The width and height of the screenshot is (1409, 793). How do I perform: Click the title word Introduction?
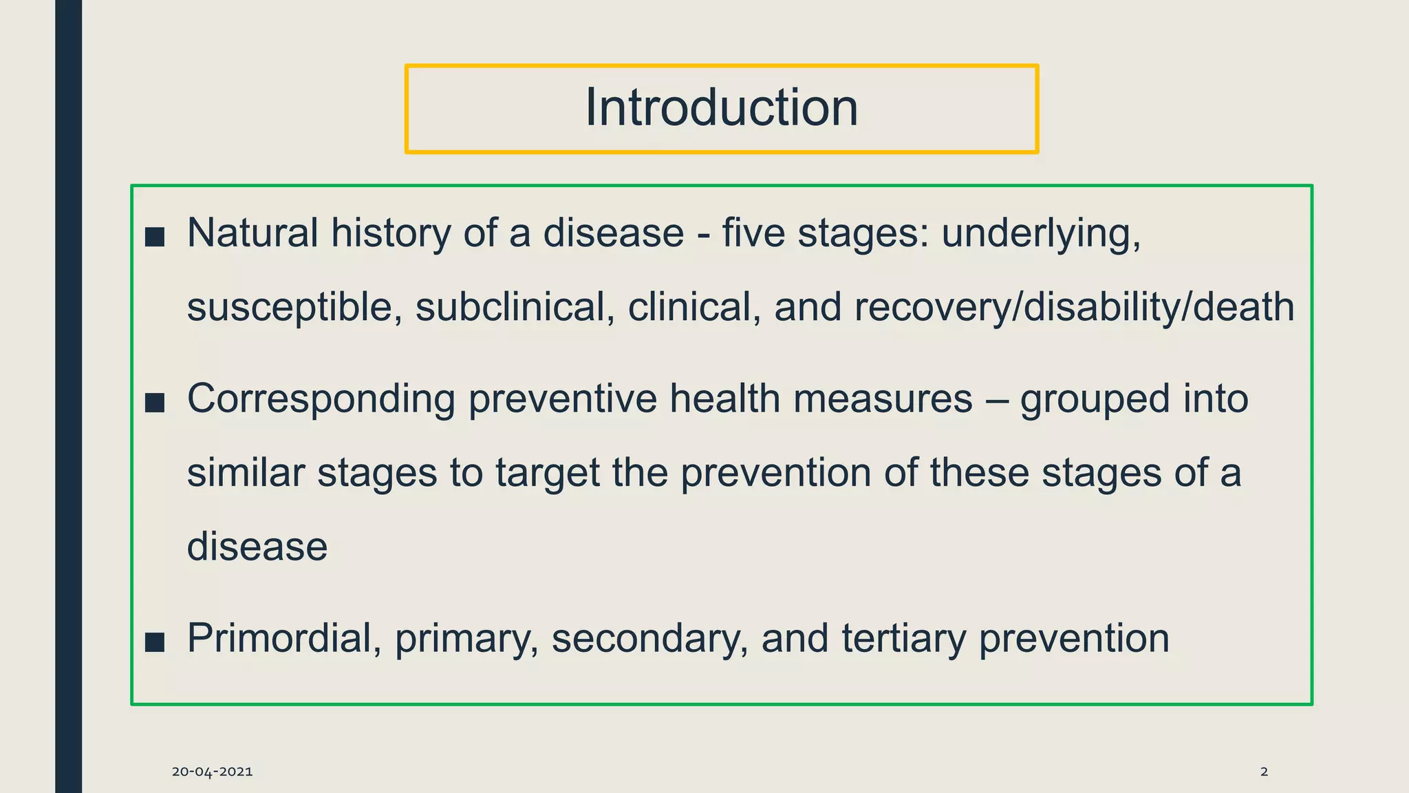click(x=721, y=108)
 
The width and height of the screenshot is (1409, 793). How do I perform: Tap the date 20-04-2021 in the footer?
click(x=212, y=772)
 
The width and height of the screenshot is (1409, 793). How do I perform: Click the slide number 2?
click(x=1264, y=772)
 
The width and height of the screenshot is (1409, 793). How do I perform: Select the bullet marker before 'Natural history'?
click(x=155, y=237)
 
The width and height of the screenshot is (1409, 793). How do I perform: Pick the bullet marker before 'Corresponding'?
click(x=155, y=403)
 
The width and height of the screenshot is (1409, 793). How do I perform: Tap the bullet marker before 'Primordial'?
click(x=155, y=642)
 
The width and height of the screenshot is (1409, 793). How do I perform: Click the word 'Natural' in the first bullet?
click(x=252, y=233)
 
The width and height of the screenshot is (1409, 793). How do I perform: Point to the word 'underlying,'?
click(x=1041, y=234)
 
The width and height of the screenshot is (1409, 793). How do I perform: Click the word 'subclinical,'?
click(x=515, y=307)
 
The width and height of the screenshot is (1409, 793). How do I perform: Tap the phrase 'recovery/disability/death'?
click(x=1074, y=307)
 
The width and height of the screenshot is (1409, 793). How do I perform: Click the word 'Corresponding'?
click(x=321, y=399)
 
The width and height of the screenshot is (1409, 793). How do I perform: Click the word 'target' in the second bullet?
click(x=548, y=474)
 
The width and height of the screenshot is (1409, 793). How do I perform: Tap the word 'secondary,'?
click(x=649, y=638)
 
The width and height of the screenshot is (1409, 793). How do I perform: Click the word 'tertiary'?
click(x=903, y=638)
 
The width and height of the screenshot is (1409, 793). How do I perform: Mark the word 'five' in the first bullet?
click(x=753, y=233)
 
